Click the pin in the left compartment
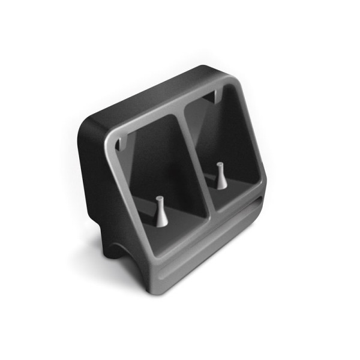coord(161,211)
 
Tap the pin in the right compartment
coord(221,176)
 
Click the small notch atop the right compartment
coord(211,95)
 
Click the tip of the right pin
coord(220,164)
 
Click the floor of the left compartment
coord(180,228)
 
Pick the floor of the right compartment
coord(237,192)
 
